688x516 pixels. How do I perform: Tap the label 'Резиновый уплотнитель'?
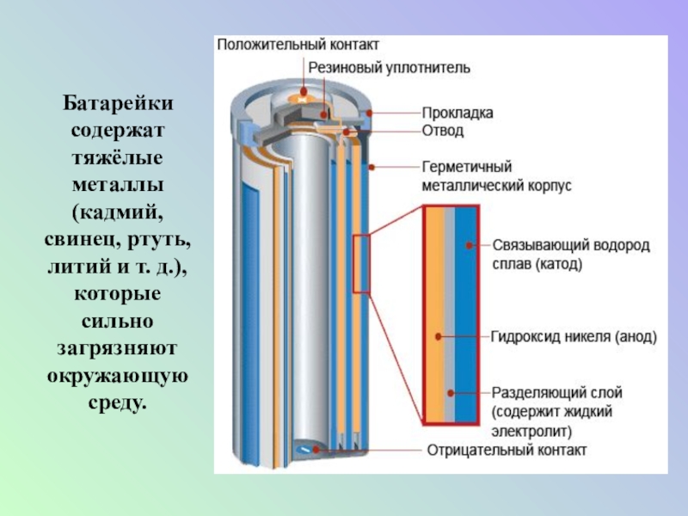point(389,66)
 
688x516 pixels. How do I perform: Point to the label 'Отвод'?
point(443,132)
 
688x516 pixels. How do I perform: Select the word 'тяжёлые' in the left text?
point(118,157)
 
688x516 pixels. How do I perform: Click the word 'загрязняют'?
point(118,347)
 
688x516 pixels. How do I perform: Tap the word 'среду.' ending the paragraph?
point(118,402)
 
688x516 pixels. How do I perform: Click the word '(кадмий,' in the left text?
point(118,211)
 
